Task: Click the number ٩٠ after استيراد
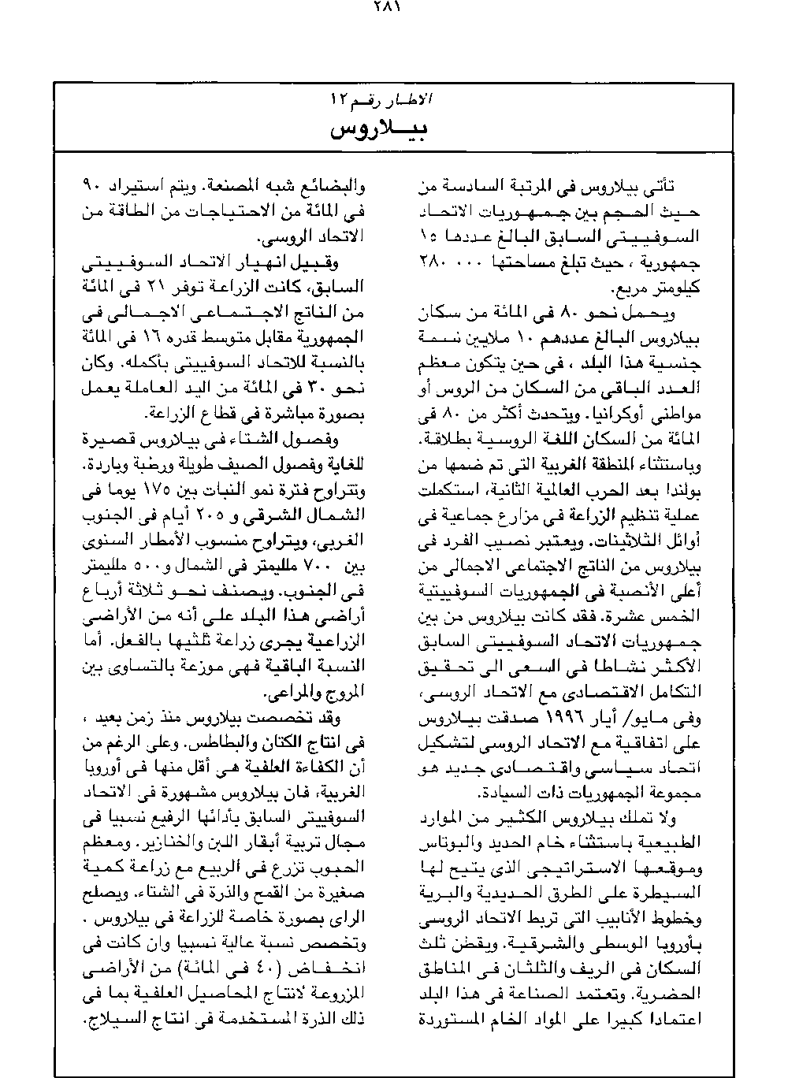(91, 188)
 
